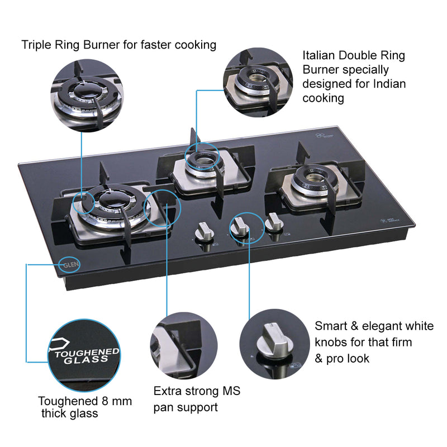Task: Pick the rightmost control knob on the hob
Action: click(273, 225)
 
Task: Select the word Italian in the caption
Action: click(321, 56)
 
